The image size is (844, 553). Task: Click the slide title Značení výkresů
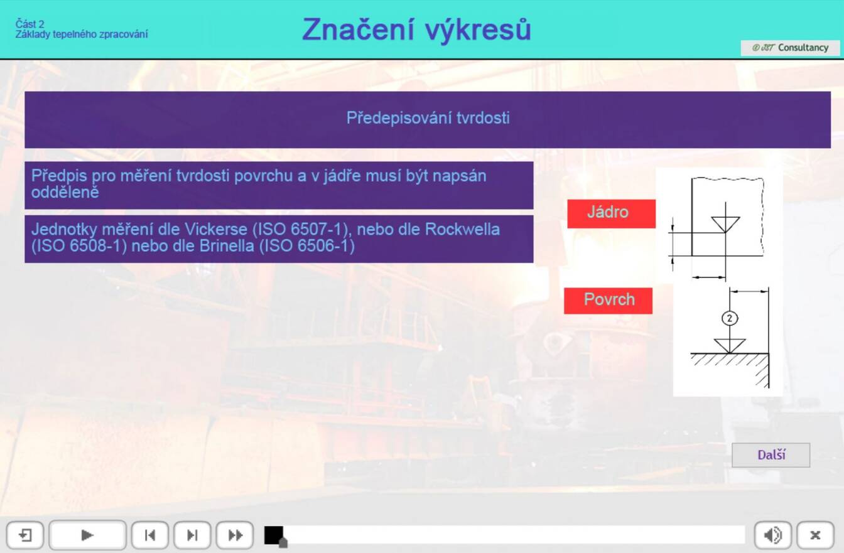[x=416, y=30]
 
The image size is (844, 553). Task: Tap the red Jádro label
[x=611, y=213]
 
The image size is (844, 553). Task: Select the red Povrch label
[x=608, y=301]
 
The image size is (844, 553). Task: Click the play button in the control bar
[x=87, y=535]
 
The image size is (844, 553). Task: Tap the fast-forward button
[x=235, y=535]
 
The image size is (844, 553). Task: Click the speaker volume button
[x=773, y=535]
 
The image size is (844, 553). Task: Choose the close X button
[x=815, y=535]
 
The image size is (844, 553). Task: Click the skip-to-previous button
[x=150, y=535]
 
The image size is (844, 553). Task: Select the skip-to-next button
[x=192, y=535]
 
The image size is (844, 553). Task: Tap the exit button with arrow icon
[x=25, y=535]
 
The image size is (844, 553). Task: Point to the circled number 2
[x=730, y=318]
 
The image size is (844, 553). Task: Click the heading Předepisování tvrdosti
[x=428, y=118]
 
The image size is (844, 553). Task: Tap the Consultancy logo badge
[x=790, y=48]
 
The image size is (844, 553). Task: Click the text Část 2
[x=30, y=24]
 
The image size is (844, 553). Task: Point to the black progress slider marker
[x=274, y=535]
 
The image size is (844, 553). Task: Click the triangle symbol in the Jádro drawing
[x=725, y=225]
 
